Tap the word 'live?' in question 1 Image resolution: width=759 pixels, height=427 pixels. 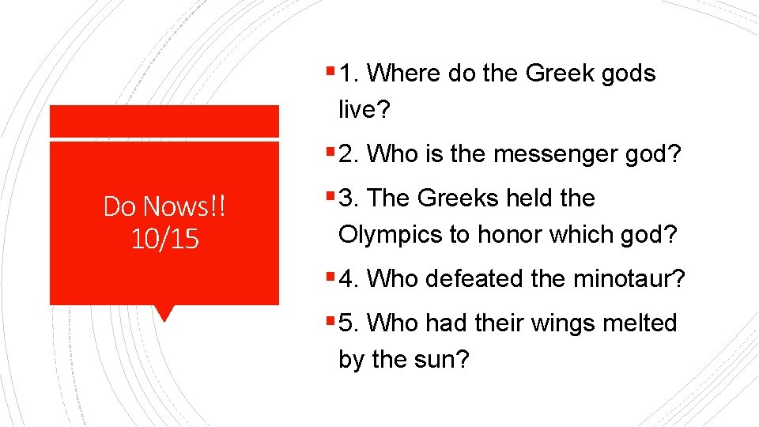click(364, 110)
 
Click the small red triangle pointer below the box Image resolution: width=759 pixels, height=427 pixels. click(164, 312)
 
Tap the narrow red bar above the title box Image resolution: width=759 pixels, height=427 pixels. click(164, 121)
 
